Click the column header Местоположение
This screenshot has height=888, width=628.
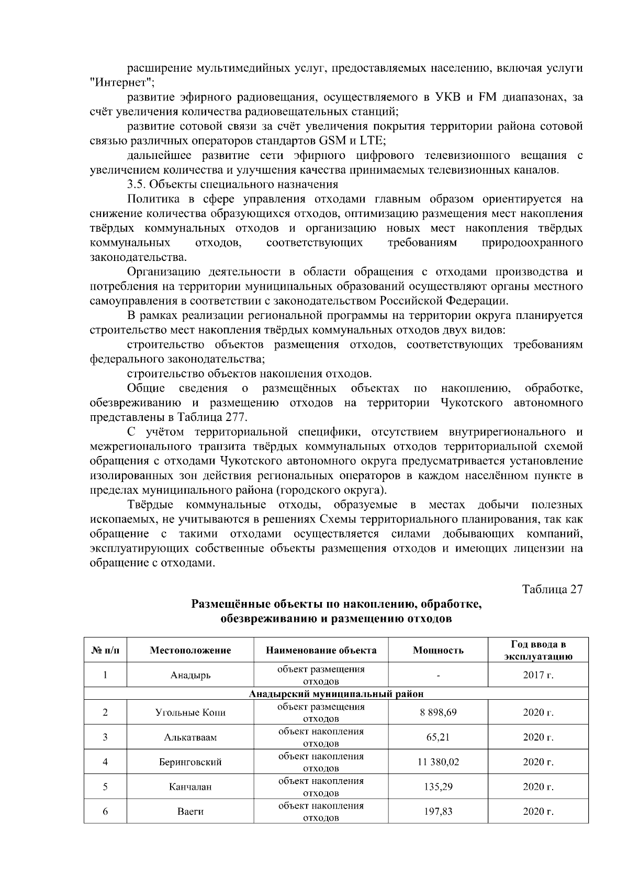pyautogui.click(x=190, y=651)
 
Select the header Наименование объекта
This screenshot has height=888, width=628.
pyautogui.click(x=321, y=651)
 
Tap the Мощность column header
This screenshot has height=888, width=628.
pyautogui.click(x=438, y=651)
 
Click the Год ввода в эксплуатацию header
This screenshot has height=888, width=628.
pyautogui.click(x=538, y=651)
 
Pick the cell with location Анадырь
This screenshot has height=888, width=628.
pyautogui.click(x=190, y=675)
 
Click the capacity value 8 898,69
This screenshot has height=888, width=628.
pyautogui.click(x=438, y=712)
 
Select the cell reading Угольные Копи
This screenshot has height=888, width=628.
pyautogui.click(x=190, y=712)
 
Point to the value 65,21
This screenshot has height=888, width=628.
pyautogui.click(x=438, y=737)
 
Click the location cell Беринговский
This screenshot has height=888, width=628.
pyautogui.click(x=190, y=762)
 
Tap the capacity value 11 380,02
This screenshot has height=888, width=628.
pyautogui.click(x=438, y=762)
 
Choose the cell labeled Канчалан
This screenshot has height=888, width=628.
pyautogui.click(x=190, y=787)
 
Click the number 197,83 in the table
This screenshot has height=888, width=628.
pyautogui.click(x=438, y=812)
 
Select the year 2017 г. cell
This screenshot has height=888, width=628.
pyautogui.click(x=538, y=675)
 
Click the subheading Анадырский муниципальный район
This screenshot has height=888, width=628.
pyautogui.click(x=336, y=694)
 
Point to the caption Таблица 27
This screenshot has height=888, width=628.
pyautogui.click(x=553, y=589)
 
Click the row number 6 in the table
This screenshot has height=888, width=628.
pyautogui.click(x=105, y=812)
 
